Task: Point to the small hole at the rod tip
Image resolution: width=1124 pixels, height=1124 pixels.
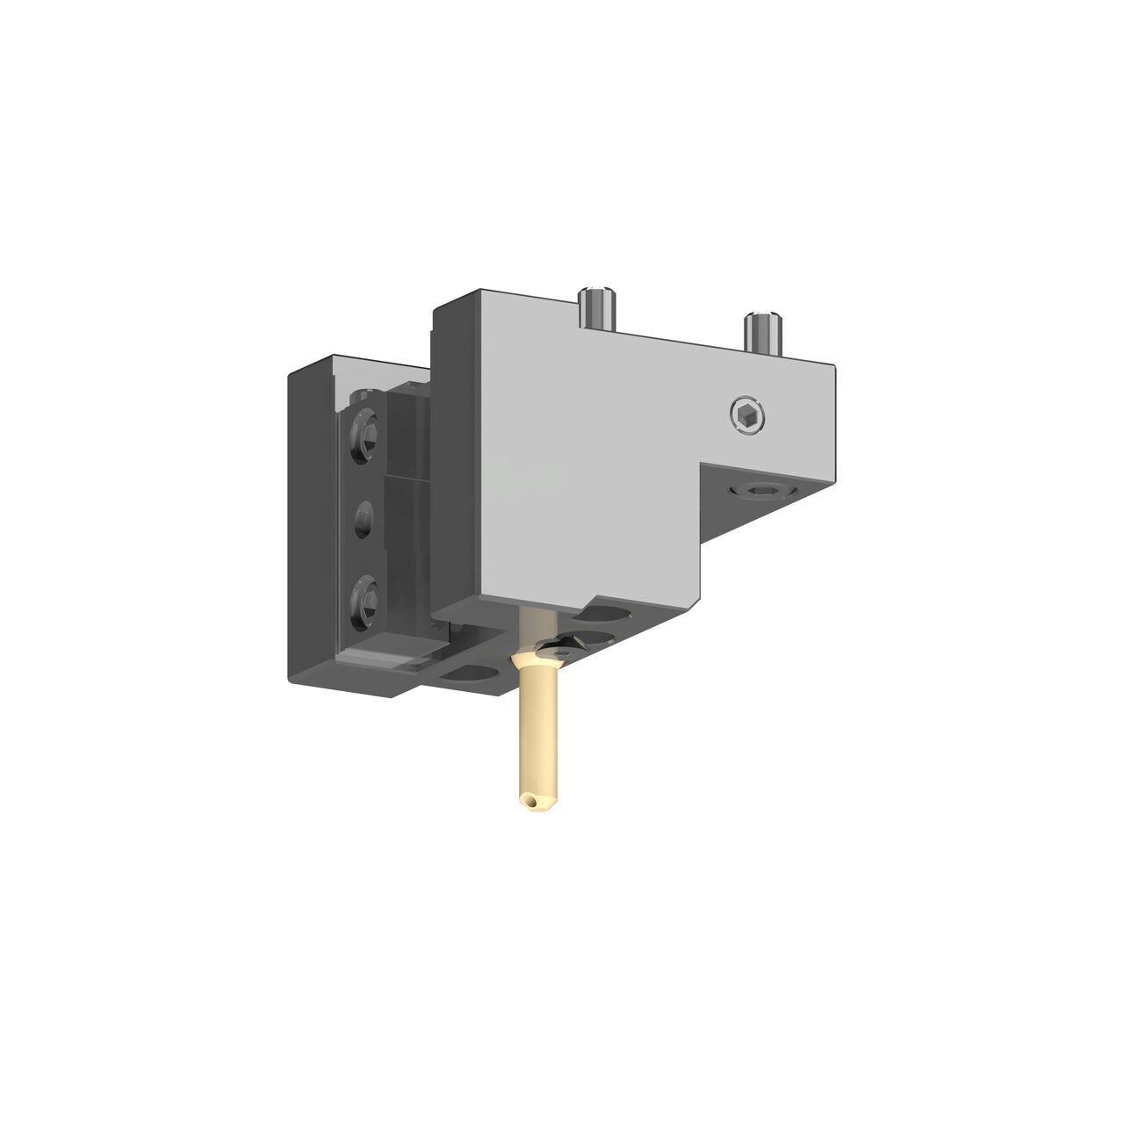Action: coord(528,799)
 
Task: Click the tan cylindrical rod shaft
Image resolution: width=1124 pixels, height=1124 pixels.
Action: coord(535,738)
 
